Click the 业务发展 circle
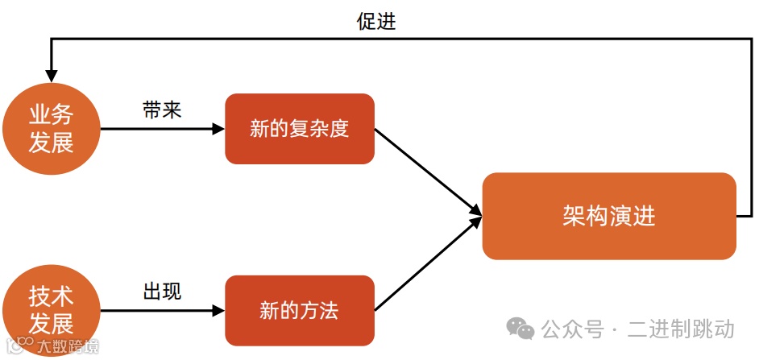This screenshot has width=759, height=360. pyautogui.click(x=51, y=129)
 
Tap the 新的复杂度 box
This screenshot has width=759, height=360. pyautogui.click(x=300, y=129)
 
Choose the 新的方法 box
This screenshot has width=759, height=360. pyautogui.click(x=300, y=311)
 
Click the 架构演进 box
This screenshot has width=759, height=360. pyautogui.click(x=609, y=216)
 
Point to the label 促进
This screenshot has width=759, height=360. pyautogui.click(x=376, y=22)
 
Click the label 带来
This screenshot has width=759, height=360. pyautogui.click(x=162, y=110)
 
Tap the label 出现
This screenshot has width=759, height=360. pyautogui.click(x=162, y=291)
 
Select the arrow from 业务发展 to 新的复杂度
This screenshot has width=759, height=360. pyautogui.click(x=161, y=129)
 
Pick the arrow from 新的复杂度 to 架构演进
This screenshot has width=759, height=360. pyautogui.click(x=427, y=172)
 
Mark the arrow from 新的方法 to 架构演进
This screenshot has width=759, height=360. pyautogui.click(x=427, y=264)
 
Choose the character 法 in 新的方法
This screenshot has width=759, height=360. pyautogui.click(x=328, y=311)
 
